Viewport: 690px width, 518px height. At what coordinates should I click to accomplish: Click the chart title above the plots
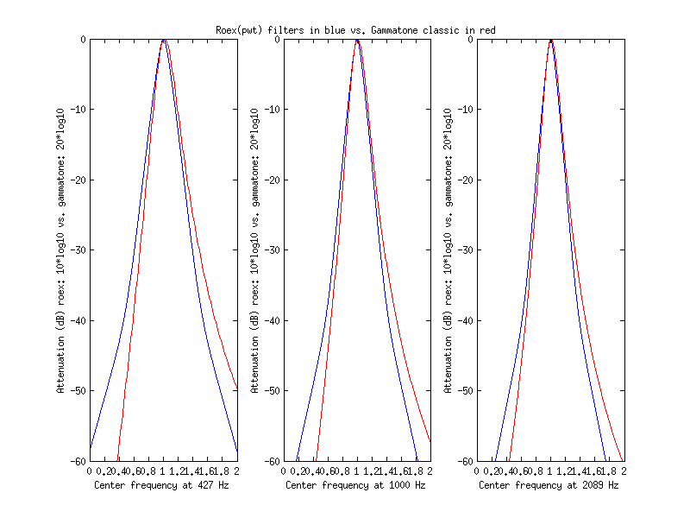point(354,30)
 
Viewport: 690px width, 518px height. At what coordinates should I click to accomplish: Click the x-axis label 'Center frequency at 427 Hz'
point(163,485)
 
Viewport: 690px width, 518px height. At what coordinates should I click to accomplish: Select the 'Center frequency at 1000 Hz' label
point(356,485)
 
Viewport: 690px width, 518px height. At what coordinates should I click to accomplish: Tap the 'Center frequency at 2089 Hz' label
point(549,485)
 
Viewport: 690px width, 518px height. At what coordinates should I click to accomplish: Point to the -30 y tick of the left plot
point(78,250)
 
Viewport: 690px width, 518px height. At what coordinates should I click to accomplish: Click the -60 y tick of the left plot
point(78,461)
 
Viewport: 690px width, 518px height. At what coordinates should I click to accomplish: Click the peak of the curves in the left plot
point(163,40)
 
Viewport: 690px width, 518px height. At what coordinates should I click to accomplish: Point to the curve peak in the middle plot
point(356,40)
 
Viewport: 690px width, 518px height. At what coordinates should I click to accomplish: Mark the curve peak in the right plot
point(550,40)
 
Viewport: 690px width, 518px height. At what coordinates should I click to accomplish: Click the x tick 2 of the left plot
point(236,471)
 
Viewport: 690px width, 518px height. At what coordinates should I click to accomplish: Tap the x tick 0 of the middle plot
point(283,471)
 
